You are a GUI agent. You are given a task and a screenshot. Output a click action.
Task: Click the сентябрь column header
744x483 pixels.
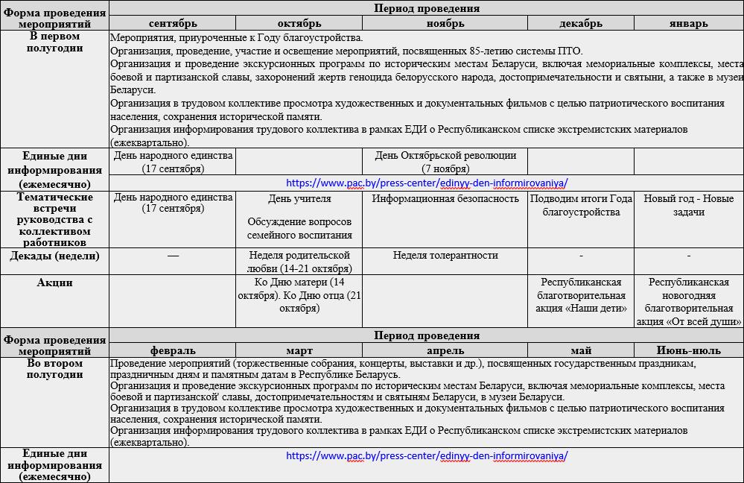[172, 23]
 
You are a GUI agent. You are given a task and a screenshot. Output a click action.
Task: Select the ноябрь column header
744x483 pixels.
[445, 23]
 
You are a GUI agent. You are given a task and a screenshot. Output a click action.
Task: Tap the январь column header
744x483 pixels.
[688, 23]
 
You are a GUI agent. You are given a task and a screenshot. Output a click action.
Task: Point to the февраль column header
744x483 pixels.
[172, 350]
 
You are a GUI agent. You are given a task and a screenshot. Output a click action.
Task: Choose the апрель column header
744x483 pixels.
[445, 350]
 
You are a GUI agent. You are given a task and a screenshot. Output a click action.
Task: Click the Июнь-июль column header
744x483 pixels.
[688, 350]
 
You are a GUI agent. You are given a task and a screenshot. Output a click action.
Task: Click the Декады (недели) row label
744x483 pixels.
[54, 256]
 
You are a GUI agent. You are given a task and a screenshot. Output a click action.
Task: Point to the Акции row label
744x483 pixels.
[54, 283]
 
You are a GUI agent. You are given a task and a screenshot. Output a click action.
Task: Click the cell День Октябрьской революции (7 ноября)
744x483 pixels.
[445, 162]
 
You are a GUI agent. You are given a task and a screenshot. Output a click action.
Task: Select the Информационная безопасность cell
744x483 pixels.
[445, 198]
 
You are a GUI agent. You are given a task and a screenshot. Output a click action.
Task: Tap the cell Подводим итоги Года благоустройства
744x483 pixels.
[581, 205]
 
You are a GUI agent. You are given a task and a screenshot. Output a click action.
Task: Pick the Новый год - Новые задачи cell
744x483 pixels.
[688, 205]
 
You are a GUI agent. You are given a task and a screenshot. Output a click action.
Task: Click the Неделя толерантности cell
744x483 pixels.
[445, 256]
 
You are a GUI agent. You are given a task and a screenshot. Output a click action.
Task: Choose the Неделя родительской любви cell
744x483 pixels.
[299, 262]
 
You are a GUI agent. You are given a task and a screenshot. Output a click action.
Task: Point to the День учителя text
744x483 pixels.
[299, 199]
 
